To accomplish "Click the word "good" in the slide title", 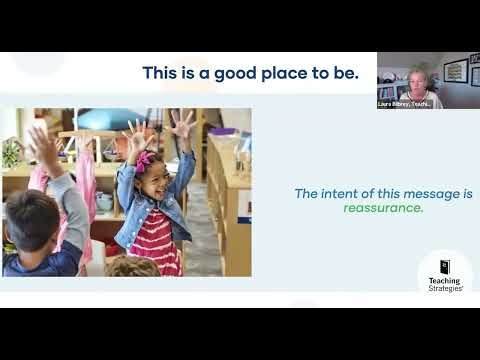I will (x=221, y=72).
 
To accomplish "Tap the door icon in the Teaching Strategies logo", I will (x=445, y=266).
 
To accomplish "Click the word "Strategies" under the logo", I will (x=445, y=288).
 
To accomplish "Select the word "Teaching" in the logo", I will (x=445, y=281).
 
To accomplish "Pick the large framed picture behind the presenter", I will (x=455, y=72).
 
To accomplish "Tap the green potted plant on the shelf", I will (x=13, y=153).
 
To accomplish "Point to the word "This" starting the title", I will (x=160, y=72).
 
